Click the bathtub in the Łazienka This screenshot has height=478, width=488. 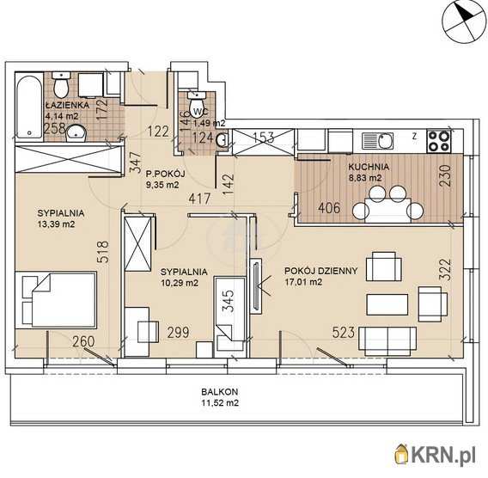[x=29, y=105]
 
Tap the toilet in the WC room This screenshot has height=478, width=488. [x=196, y=100]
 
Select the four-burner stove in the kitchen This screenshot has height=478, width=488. [x=439, y=141]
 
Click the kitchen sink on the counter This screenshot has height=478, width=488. [x=377, y=141]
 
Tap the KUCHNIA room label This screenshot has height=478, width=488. [x=369, y=167]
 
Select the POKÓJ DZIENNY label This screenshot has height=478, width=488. [x=320, y=271]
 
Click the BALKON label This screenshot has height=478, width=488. [x=220, y=391]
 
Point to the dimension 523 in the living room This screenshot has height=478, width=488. [x=344, y=332]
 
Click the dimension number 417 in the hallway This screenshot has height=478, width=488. [x=199, y=199]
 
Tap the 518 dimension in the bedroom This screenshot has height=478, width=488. [x=104, y=252]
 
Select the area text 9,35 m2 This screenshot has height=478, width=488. [x=162, y=185]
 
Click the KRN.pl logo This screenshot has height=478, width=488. [x=437, y=457]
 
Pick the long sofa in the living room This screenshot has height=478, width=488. [x=387, y=341]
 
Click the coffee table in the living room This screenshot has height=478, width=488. [x=387, y=304]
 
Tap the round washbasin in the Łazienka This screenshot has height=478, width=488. [x=76, y=133]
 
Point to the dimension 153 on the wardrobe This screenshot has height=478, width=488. [x=263, y=138]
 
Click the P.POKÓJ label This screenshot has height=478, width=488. [x=166, y=174]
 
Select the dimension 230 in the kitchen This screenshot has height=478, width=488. [x=445, y=175]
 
